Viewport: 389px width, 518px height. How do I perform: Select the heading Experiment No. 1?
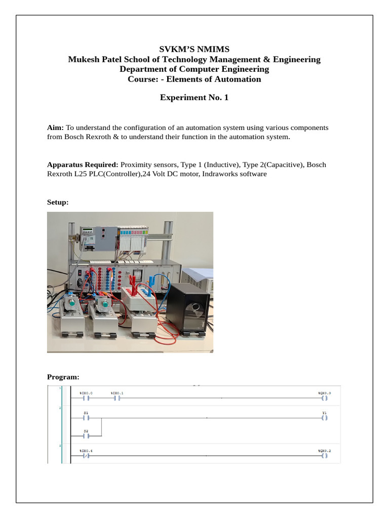[x=194, y=97]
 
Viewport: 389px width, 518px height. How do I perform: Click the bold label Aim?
[x=55, y=128]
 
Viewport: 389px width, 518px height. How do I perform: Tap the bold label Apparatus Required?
[x=83, y=165]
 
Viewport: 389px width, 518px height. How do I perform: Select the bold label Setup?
[x=58, y=202]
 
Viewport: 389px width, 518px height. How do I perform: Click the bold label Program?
[x=63, y=377]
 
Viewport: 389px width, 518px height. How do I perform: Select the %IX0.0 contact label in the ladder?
[x=86, y=393]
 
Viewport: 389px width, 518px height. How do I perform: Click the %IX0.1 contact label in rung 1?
[x=116, y=393]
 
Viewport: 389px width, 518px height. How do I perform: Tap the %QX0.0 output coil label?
[x=324, y=393]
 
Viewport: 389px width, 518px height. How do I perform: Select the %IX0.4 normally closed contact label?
[x=86, y=450]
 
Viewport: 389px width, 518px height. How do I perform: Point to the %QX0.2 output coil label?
[x=324, y=450]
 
